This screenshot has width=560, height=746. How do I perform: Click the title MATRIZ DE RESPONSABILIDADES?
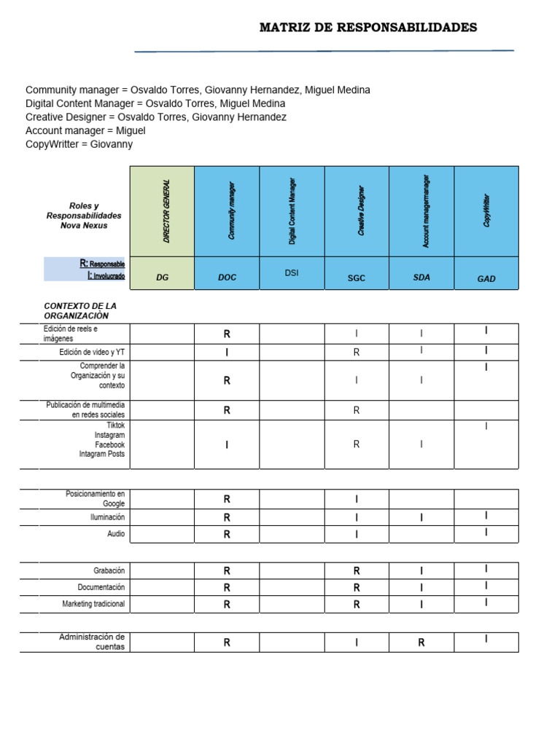click(368, 28)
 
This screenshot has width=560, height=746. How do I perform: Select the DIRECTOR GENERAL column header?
click(166, 211)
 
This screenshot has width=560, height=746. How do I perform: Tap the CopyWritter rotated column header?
click(486, 211)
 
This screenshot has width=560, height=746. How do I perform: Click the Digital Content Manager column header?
click(292, 211)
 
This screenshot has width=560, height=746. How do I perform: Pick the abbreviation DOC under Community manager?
click(227, 278)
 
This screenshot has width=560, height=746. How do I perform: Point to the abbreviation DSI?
click(292, 272)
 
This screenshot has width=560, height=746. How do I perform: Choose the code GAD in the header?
click(486, 278)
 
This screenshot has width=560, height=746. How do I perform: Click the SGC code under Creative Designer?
click(357, 278)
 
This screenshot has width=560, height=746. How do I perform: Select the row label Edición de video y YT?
click(92, 353)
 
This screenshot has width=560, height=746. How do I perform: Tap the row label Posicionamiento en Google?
click(95, 498)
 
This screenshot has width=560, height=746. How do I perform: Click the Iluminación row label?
click(107, 517)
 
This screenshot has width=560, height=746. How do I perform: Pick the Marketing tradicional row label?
click(93, 604)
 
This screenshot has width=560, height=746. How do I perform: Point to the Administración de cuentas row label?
click(92, 642)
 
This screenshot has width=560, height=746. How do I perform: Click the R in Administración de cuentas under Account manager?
click(421, 643)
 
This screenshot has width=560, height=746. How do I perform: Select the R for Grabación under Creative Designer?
click(357, 571)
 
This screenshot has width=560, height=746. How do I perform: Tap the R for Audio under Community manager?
click(227, 534)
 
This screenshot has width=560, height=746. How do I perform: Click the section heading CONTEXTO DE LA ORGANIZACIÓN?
click(80, 310)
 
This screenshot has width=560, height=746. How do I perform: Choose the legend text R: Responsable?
click(102, 264)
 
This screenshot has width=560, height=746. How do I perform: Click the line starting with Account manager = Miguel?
click(85, 130)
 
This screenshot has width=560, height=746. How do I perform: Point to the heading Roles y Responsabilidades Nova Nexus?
click(84, 216)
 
